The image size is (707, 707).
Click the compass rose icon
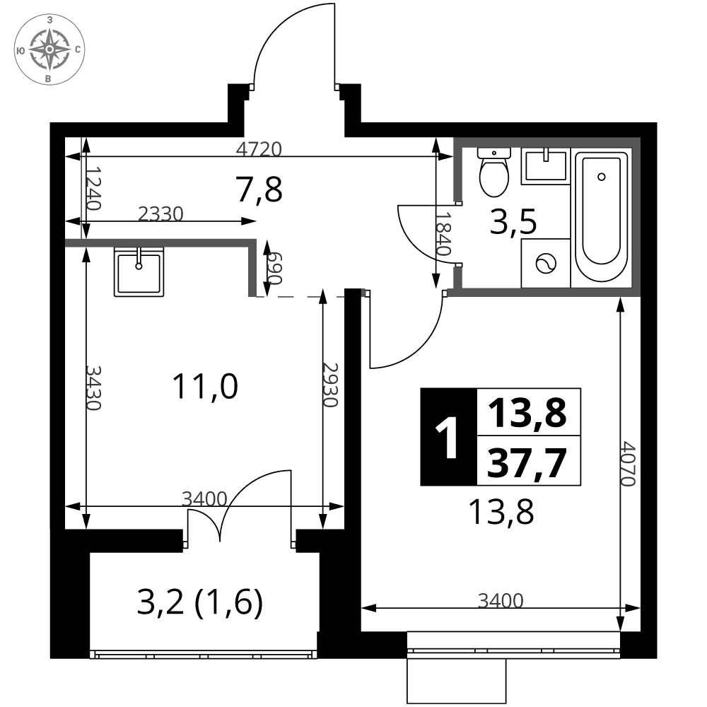(x=49, y=49)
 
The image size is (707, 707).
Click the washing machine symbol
(x=546, y=263)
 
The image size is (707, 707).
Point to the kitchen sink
(x=139, y=271)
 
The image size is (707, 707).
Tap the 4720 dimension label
(x=259, y=148)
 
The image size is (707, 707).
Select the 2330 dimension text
(x=161, y=214)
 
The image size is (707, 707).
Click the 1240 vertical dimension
(x=93, y=189)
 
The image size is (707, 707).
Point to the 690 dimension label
(x=274, y=268)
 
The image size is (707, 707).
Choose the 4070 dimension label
(x=628, y=464)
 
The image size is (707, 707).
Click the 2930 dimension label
(x=330, y=385)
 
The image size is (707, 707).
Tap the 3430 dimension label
(x=93, y=387)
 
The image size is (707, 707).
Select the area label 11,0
(x=205, y=387)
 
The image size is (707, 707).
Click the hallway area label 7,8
(x=259, y=189)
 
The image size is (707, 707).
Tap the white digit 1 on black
(x=447, y=437)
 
